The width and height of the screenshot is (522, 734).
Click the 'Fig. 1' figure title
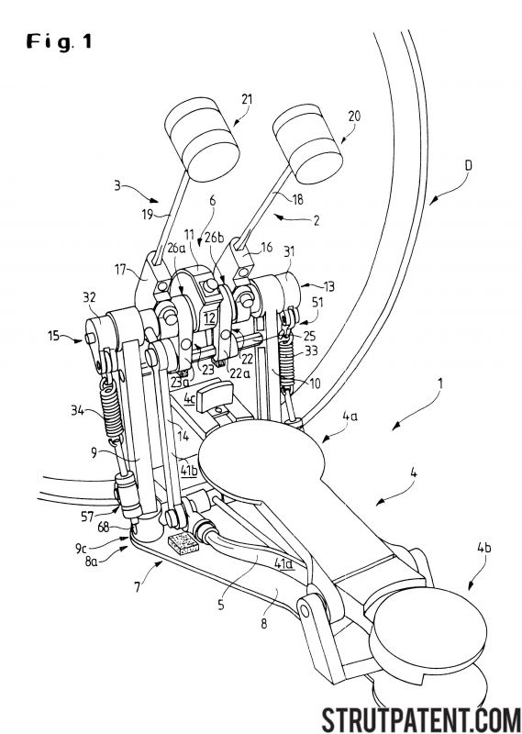pos(59,41)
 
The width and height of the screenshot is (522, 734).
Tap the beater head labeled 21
pos(202,139)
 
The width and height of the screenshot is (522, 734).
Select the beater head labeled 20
pos(307,143)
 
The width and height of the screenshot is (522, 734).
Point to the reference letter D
pos(468,165)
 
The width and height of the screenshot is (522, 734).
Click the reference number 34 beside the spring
pos(77,410)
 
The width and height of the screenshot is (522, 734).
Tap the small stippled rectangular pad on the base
pos(183,543)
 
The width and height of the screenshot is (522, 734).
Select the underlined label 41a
pos(283,563)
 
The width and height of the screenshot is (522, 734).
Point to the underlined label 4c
pos(189,399)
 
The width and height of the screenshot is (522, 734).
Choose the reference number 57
pos(87,516)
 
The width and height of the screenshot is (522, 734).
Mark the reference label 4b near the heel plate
pos(483,547)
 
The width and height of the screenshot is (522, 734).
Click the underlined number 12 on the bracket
pos(209,318)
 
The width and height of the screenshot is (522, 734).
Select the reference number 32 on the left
pos(89,297)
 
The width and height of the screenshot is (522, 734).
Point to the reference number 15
pos(54,335)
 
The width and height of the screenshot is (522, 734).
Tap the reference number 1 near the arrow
pos(440,384)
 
